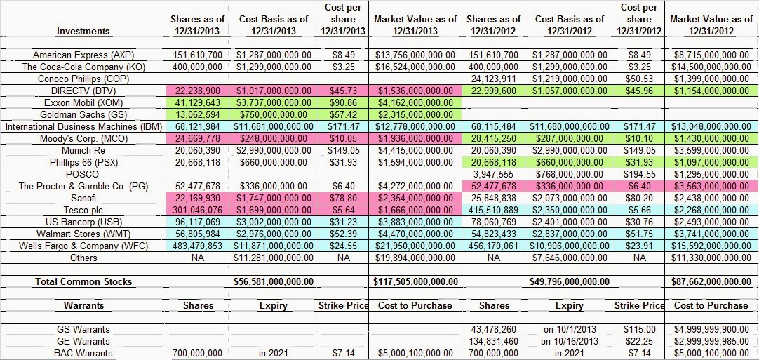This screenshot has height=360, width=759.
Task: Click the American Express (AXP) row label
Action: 84,55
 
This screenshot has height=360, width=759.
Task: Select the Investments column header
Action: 83,31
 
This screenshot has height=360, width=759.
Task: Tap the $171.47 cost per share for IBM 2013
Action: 343,126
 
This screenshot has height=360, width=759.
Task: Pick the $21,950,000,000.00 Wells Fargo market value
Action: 417,246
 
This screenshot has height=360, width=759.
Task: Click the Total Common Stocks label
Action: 83,281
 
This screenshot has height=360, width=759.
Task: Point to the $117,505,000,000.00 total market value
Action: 417,281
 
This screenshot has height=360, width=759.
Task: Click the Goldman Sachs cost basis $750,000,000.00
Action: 273,114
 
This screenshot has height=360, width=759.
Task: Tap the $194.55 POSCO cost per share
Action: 639,174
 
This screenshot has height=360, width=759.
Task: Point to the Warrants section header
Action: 83,306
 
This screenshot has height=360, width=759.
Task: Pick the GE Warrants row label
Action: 83,341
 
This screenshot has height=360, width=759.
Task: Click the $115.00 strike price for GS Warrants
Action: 639,329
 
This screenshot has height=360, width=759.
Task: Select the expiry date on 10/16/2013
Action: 569,341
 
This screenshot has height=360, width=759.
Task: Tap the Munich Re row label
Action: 83,150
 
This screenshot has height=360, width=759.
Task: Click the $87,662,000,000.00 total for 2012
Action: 712,281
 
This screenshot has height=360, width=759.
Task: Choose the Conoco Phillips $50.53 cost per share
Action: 639,79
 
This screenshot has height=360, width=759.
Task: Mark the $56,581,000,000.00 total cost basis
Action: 273,281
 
